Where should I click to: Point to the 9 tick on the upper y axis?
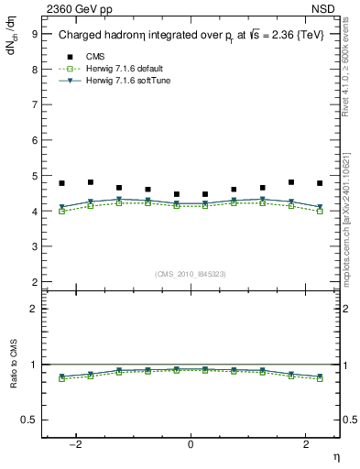point(34,33)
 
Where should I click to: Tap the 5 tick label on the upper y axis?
point(34,176)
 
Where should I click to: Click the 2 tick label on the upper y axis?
point(34,282)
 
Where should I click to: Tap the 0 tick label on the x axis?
point(191,444)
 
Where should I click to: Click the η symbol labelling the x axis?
point(334,456)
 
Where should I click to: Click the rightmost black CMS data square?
point(320,183)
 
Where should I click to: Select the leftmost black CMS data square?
point(61,183)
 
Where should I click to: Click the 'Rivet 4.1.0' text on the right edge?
point(351,87)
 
